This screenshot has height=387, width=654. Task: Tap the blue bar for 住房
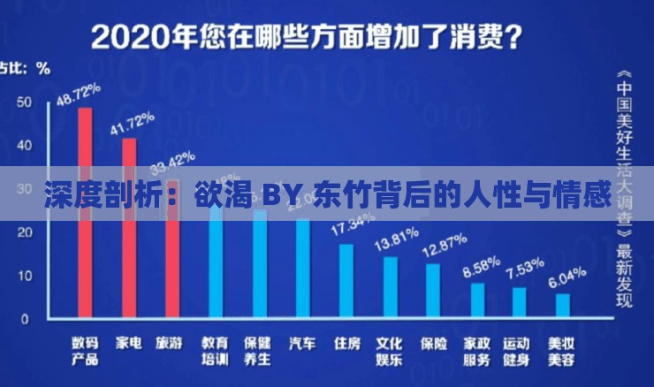(x=346, y=281)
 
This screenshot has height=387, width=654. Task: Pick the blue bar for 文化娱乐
(x=390, y=287)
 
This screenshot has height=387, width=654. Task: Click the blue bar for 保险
(x=433, y=291)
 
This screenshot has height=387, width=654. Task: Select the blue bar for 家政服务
(x=477, y=300)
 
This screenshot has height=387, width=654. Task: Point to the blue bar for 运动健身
(x=520, y=302)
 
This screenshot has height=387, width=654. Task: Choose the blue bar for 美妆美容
(x=563, y=306)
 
